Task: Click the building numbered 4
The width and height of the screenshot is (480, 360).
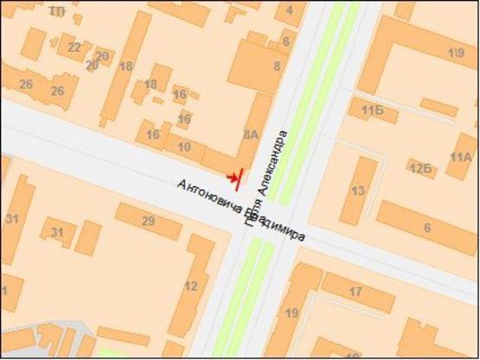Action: (x=290, y=10)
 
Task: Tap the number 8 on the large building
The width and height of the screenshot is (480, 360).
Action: (x=277, y=65)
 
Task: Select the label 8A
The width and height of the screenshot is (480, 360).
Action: (x=252, y=134)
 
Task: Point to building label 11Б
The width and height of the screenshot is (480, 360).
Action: (x=373, y=110)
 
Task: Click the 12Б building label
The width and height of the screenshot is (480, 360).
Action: (x=420, y=166)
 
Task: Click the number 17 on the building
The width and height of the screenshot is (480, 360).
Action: (x=355, y=291)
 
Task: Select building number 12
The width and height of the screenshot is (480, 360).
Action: (x=190, y=286)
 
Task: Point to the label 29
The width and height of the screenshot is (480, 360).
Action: (x=148, y=222)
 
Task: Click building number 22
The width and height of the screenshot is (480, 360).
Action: (x=74, y=48)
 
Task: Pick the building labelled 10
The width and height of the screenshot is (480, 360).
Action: (x=183, y=147)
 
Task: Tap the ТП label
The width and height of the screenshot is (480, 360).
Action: (x=58, y=10)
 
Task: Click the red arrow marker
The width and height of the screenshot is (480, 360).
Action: (x=231, y=177)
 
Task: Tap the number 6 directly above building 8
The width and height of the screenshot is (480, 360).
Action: (x=285, y=41)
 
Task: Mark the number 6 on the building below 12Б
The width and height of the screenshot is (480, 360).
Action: (x=426, y=227)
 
